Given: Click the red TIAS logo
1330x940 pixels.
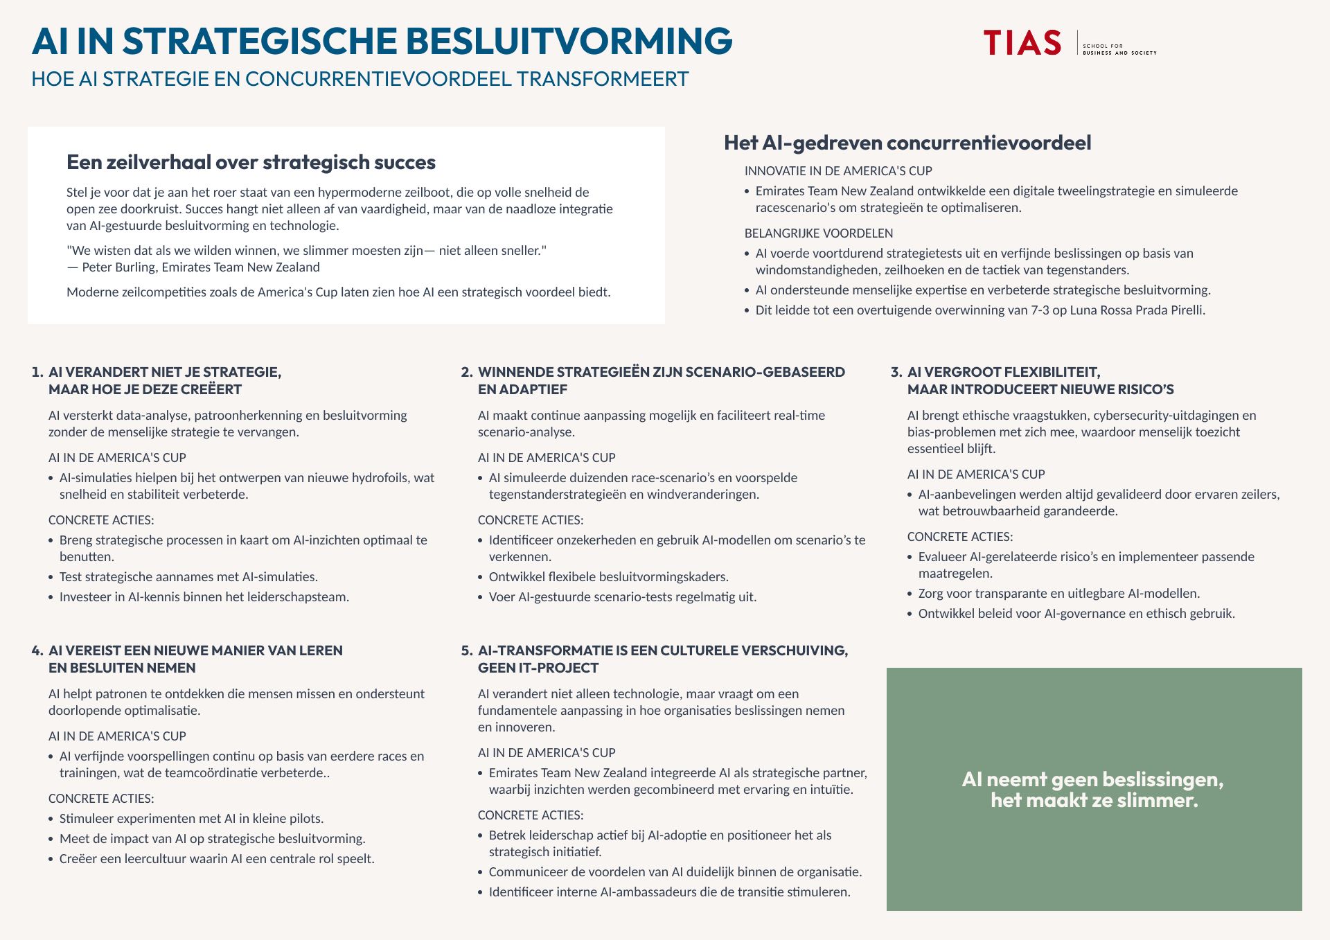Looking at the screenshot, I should pos(1022,42).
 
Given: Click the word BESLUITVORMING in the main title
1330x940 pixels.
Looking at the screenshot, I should pos(569,41).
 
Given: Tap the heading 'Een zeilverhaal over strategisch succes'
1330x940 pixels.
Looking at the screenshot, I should pos(251,162).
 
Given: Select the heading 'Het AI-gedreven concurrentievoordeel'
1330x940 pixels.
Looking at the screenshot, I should pos(907,143).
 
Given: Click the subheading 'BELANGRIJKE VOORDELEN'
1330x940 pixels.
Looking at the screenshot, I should pos(818,233).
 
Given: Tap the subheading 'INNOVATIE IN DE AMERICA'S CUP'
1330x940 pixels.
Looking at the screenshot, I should pos(837,171).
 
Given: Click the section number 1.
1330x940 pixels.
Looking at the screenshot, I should pos(37,372).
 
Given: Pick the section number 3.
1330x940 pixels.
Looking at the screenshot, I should pos(896,372).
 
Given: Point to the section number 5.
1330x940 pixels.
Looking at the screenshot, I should pos(466,650).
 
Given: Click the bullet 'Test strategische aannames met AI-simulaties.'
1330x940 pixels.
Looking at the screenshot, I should pos(188,577).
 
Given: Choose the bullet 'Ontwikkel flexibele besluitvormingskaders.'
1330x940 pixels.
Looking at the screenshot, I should pos(608,577).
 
